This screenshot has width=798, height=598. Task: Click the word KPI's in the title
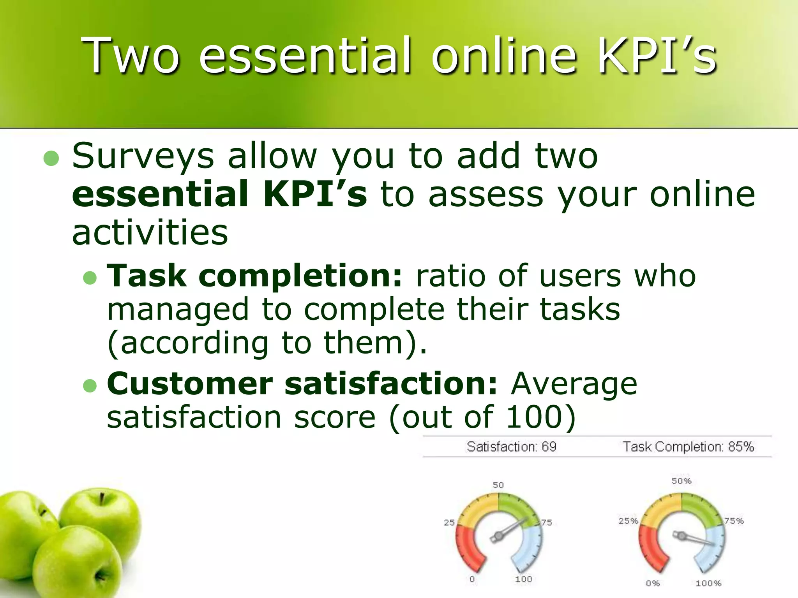(x=657, y=56)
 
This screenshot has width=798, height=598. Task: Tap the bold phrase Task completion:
(x=254, y=276)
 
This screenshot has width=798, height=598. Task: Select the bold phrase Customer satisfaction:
(x=302, y=384)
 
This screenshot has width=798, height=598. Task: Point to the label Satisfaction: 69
(x=511, y=447)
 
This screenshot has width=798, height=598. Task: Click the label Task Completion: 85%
(x=688, y=447)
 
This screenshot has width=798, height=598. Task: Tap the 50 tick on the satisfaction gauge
(x=498, y=485)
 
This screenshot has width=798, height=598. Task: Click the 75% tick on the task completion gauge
(x=734, y=521)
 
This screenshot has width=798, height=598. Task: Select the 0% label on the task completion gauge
(x=653, y=583)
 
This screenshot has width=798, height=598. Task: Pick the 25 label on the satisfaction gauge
(x=449, y=522)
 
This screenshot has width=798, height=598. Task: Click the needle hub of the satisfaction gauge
(x=498, y=537)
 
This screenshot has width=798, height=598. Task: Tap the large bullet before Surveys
(x=51, y=158)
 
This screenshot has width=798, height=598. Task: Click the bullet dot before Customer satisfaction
(x=90, y=385)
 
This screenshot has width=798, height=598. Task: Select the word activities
(x=150, y=232)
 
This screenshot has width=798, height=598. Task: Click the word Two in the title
(x=131, y=56)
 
